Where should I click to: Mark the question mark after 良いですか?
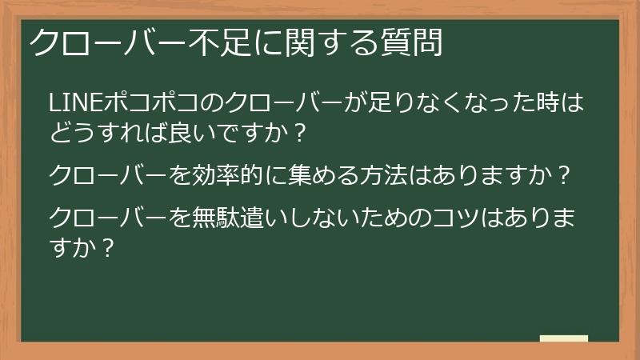pos(299,132)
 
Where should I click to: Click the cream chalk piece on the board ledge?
pos(563,338)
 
